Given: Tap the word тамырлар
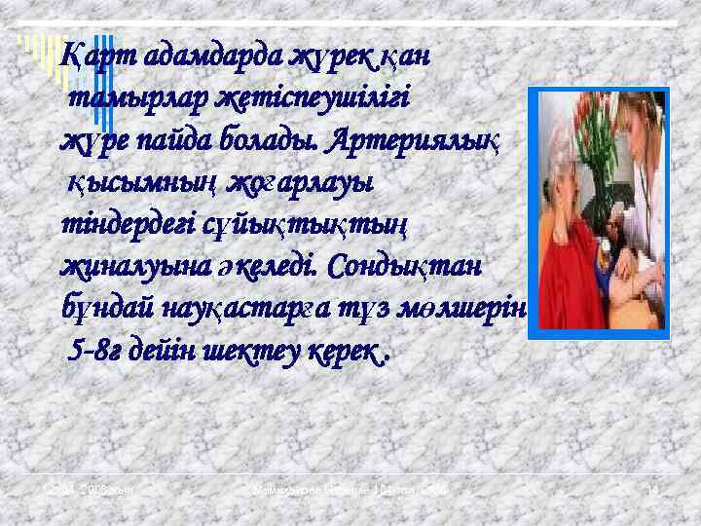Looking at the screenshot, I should pos(121,98).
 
